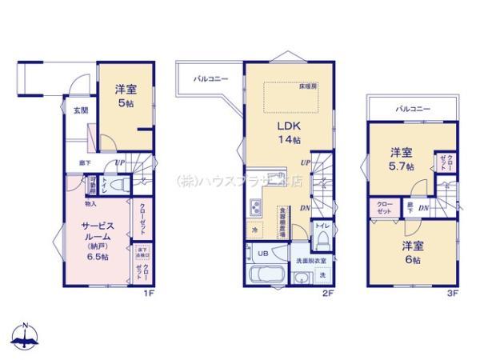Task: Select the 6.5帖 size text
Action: point(102,258)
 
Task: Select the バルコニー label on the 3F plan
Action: point(413,107)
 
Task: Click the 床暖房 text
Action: point(309,86)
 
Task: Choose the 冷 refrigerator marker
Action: point(255,231)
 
